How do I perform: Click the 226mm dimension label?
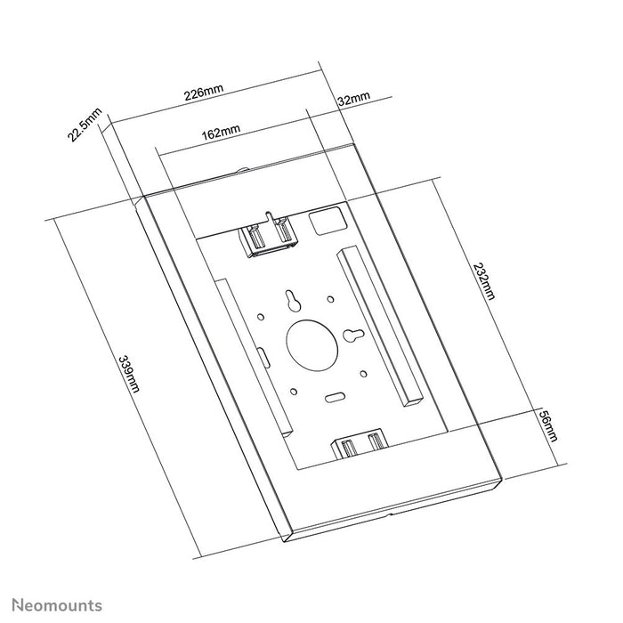[203, 93]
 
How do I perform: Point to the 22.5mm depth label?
[85, 125]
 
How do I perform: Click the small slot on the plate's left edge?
[264, 354]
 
